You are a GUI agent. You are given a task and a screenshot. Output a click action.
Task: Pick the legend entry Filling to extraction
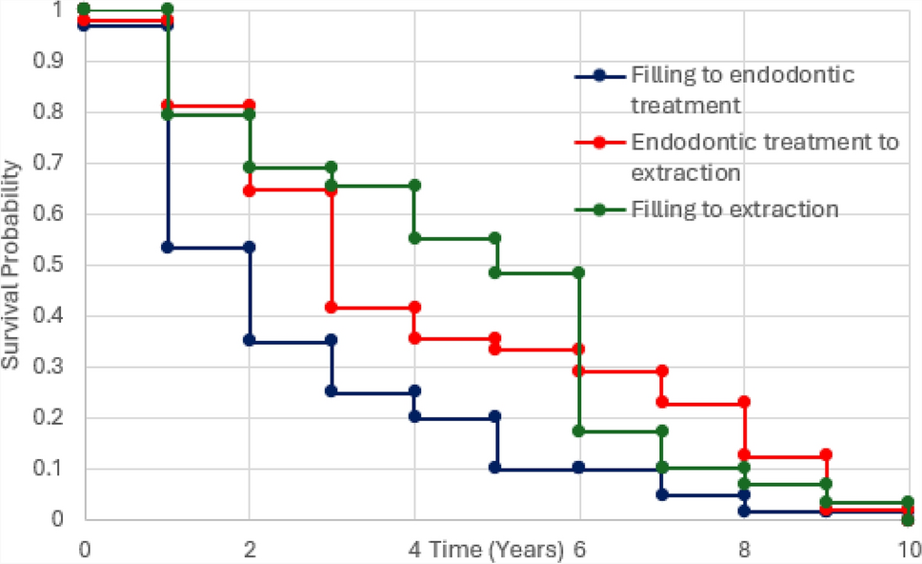tap(733, 210)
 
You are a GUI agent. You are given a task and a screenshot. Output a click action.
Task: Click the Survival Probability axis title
tap(10, 265)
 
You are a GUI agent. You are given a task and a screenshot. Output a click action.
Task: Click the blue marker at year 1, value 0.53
tap(168, 247)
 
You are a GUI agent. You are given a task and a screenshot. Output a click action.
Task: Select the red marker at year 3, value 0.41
tap(332, 308)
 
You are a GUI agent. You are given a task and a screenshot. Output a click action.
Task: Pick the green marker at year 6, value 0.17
tap(579, 431)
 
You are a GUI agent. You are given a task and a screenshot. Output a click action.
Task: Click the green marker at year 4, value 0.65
tap(414, 185)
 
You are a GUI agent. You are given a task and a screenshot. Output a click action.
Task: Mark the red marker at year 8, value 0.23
tap(744, 402)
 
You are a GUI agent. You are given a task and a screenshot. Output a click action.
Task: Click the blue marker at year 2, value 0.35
tap(250, 339)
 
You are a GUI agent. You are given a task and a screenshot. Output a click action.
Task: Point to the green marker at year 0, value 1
tap(85, 9)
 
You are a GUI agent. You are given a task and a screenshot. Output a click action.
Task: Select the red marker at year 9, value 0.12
tap(826, 454)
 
